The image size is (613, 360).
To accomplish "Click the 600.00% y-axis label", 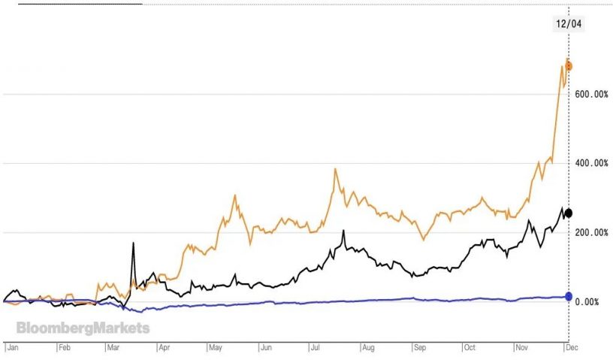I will (x=590, y=94).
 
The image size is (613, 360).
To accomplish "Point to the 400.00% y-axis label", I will (x=590, y=163).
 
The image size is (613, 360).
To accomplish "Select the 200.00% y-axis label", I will (x=590, y=232).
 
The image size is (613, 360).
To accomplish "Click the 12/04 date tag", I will (x=569, y=23).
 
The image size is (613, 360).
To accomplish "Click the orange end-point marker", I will (x=569, y=66).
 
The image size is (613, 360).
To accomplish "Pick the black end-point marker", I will (x=569, y=213).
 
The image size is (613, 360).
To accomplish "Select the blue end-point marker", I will (x=569, y=296).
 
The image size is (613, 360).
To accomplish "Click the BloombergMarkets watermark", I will (x=83, y=328).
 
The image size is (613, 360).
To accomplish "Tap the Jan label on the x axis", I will (x=13, y=349).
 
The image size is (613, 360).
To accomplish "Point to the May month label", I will (x=216, y=349).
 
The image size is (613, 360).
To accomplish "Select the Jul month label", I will (x=316, y=349).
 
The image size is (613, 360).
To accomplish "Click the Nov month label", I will (x=521, y=349).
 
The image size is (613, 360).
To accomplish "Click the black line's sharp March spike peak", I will (x=133, y=243).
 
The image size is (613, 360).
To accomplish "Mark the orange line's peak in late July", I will (x=335, y=169).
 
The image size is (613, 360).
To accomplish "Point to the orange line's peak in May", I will (x=235, y=195).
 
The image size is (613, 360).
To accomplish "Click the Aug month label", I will (x=368, y=349).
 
